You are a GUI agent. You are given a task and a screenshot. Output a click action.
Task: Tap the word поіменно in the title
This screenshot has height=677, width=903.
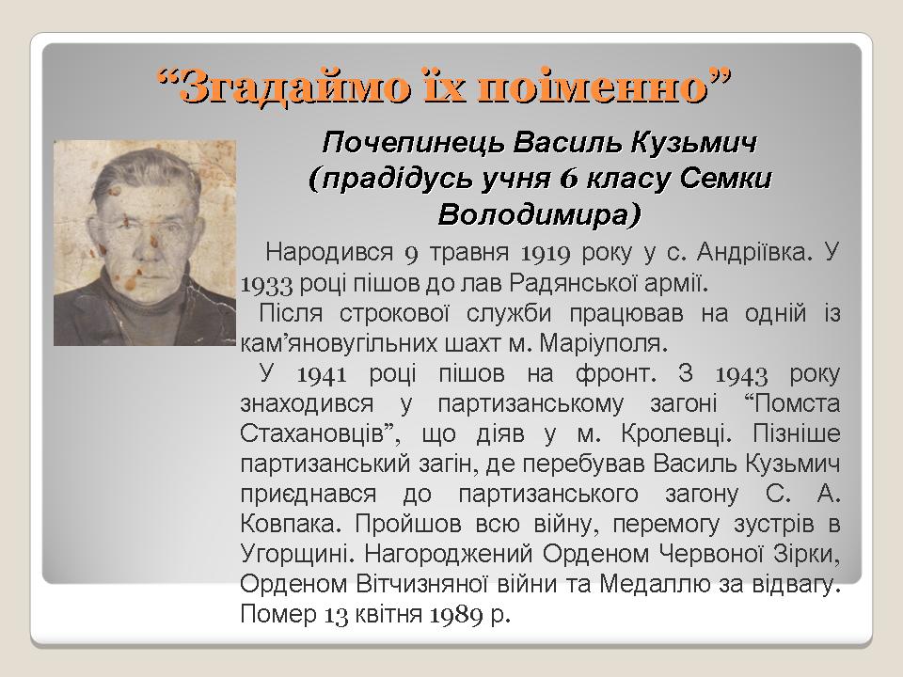[x=594, y=87]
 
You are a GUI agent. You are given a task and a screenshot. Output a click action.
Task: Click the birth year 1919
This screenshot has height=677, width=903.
[x=546, y=253]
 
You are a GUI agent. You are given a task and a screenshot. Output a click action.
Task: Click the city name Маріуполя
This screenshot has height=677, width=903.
[x=604, y=344]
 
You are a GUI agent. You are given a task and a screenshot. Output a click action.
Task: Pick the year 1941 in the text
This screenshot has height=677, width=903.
[x=322, y=374]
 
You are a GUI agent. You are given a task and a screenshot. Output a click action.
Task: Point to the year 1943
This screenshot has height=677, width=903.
[x=741, y=374]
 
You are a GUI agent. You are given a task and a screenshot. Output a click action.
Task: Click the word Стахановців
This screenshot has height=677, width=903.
[x=312, y=433]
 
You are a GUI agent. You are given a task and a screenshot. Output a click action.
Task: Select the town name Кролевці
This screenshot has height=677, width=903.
[x=676, y=434]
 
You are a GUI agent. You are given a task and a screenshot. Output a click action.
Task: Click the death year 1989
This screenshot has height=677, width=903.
[x=456, y=614]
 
